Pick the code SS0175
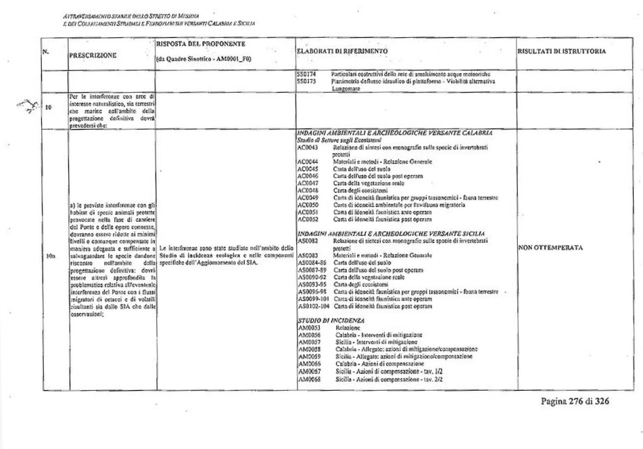tap(306, 79)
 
